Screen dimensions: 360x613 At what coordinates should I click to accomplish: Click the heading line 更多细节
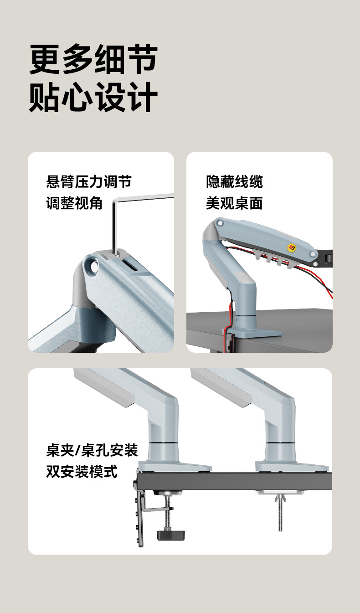pyautogui.click(x=93, y=59)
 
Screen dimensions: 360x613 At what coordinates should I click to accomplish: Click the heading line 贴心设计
pyautogui.click(x=93, y=97)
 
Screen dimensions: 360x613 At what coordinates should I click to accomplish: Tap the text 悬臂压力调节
pyautogui.click(x=89, y=182)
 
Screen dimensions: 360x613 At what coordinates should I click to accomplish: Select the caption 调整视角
pyautogui.click(x=74, y=203)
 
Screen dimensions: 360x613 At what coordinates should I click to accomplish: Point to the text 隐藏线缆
pyautogui.click(x=234, y=182)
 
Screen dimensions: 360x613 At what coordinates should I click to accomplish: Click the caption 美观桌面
pyautogui.click(x=234, y=203)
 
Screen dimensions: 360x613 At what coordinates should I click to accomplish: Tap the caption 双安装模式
pyautogui.click(x=82, y=472)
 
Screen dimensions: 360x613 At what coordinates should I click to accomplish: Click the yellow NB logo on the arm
pyautogui.click(x=292, y=247)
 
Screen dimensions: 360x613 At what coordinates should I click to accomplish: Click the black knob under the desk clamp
pyautogui.click(x=171, y=535)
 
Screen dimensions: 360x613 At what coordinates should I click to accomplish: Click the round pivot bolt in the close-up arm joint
pyautogui.click(x=92, y=266)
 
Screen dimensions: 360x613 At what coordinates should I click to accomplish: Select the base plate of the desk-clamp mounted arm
pyautogui.click(x=175, y=466)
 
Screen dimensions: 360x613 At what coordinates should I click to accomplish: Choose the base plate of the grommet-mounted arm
pyautogui.click(x=292, y=466)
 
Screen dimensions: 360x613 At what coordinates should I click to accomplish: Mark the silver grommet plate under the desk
pyautogui.click(x=280, y=492)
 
